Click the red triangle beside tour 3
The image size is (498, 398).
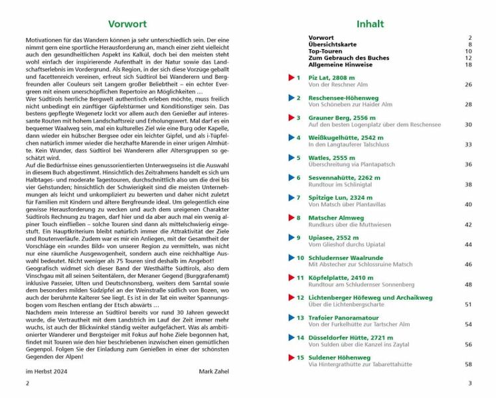291,117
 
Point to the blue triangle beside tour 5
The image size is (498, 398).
291,158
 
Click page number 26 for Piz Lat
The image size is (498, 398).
468,85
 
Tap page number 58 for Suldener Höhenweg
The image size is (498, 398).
468,364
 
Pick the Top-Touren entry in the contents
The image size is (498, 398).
327,51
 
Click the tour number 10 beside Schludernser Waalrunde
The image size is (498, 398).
300,258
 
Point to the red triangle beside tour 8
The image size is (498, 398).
291,218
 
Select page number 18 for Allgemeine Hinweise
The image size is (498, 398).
468,64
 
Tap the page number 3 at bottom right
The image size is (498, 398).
469,383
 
